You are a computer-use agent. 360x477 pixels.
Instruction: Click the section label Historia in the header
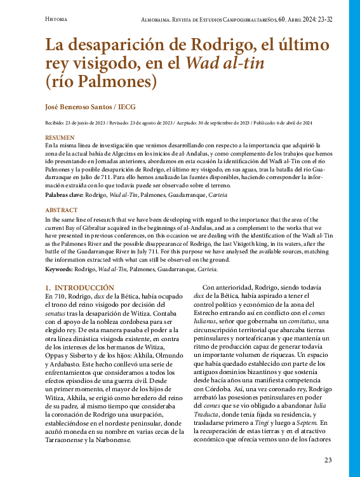coord(56,20)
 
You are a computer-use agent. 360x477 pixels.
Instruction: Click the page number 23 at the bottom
coord(328,460)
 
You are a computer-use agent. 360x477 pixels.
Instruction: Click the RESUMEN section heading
coord(59,137)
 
